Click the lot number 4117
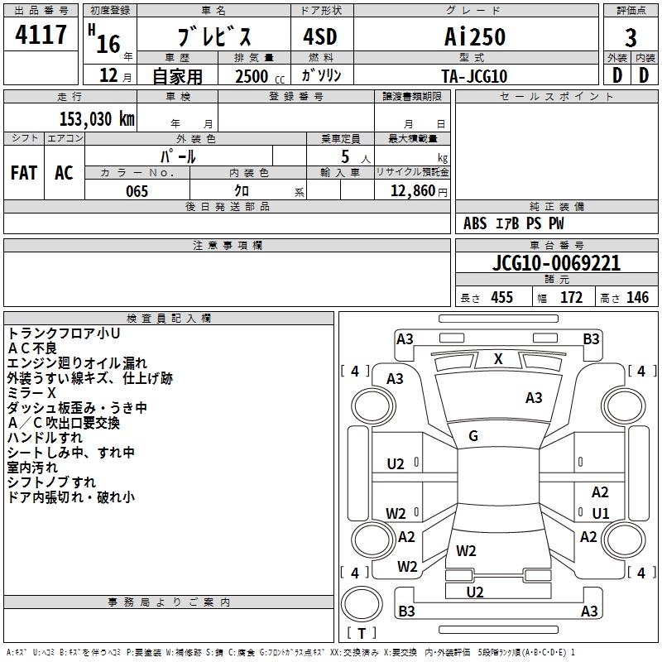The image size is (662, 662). click(41, 35)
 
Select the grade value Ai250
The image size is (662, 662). click(475, 36)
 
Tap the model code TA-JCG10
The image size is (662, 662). click(474, 76)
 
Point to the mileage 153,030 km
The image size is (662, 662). click(97, 119)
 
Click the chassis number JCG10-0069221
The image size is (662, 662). click(556, 263)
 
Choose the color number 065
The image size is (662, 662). click(137, 191)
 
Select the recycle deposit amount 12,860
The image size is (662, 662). click(412, 191)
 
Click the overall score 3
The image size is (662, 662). click(631, 38)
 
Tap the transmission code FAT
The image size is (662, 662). click(24, 173)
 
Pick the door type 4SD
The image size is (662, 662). click(320, 36)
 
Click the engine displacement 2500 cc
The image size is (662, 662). click(260, 76)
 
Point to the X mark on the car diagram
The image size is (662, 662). click(498, 359)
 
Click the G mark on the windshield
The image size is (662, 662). click(473, 436)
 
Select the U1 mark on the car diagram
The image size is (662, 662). click(601, 513)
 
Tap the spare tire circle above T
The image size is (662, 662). click(362, 604)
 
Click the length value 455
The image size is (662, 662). click(502, 297)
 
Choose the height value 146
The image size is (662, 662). click(637, 297)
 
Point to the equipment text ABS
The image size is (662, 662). click(475, 223)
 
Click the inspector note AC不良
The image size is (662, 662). click(32, 348)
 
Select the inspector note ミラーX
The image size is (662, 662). click(31, 393)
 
